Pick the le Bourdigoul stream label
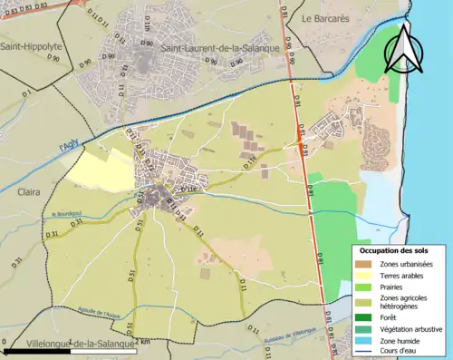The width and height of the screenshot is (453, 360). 67,215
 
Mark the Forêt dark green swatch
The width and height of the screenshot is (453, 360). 362,317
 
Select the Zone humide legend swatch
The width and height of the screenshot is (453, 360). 362,339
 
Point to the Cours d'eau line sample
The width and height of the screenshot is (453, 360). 362,350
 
